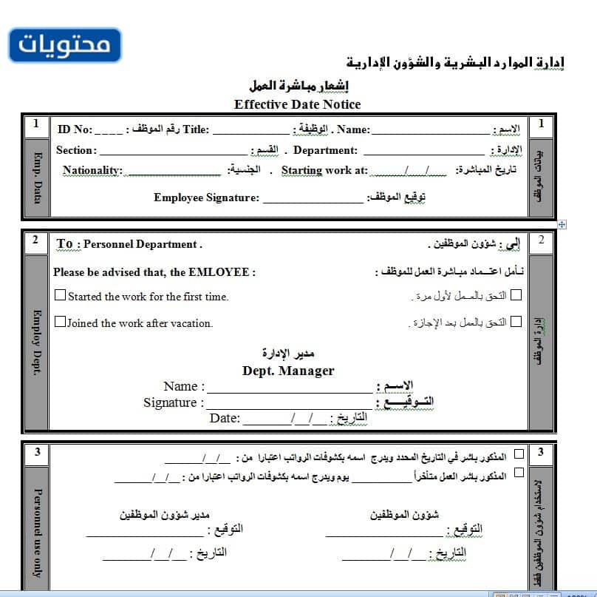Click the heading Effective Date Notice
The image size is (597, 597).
297,104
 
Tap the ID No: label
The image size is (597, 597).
75,129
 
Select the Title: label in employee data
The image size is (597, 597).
197,129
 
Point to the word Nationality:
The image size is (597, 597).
92,170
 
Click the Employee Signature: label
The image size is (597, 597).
206,198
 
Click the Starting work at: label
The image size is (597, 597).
324,170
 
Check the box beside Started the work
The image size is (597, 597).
61,295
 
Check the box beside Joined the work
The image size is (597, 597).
61,322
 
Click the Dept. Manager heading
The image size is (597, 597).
288,371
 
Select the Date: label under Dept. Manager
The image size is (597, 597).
225,418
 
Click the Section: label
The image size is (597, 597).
76,150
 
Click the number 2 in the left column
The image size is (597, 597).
35,240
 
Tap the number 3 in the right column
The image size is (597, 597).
541,451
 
